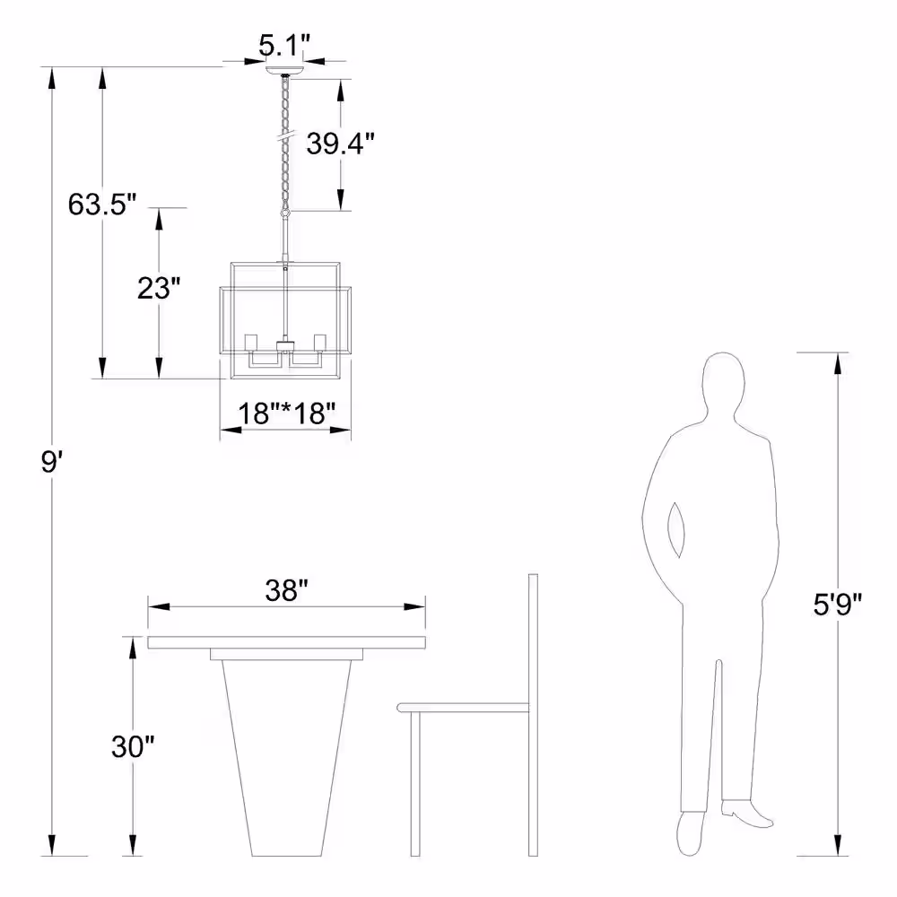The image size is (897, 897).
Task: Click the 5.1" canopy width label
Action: [283, 45]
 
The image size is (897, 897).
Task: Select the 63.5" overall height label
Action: [102, 205]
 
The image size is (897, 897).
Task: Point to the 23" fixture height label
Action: [159, 288]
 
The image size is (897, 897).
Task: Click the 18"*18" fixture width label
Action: [286, 413]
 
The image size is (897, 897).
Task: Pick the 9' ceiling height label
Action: [51, 462]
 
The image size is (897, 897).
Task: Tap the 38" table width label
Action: [287, 590]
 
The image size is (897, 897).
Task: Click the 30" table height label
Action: [133, 746]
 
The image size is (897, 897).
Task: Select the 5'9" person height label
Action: [838, 604]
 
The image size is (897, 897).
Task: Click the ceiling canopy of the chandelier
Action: [284, 70]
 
